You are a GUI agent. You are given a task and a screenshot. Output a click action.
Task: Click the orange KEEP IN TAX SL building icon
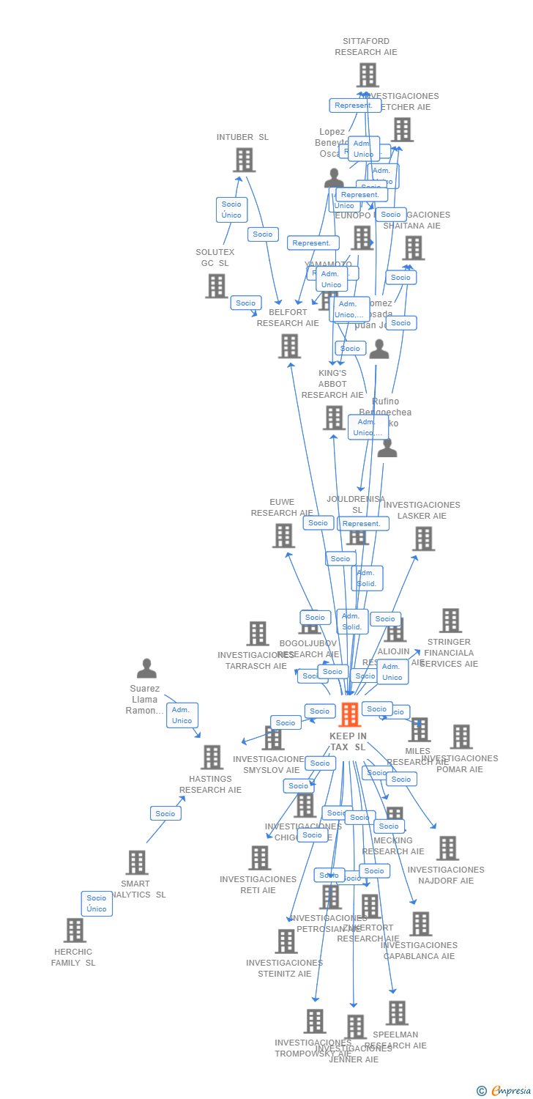click(x=350, y=714)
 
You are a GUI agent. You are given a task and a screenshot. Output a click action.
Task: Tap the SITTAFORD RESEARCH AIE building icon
click(x=368, y=75)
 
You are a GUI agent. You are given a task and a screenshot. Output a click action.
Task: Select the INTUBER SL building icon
click(x=245, y=160)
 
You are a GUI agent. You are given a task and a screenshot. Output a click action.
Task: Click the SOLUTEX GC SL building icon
click(x=217, y=286)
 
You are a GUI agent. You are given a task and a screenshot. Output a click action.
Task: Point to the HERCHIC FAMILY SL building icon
click(x=75, y=930)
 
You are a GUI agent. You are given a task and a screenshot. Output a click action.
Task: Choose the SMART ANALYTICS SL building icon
click(x=137, y=862)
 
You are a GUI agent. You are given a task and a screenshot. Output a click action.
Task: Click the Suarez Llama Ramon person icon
click(x=146, y=668)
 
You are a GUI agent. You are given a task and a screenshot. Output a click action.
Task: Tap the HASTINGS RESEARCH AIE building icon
click(x=212, y=757)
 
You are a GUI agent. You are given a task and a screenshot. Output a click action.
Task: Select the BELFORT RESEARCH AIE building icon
click(x=290, y=346)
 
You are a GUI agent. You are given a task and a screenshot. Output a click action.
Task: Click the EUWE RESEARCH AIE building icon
click(x=283, y=536)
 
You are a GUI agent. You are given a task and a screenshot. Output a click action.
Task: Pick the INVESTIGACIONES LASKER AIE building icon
click(x=423, y=539)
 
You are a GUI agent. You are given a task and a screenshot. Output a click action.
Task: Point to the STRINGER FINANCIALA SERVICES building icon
click(x=450, y=621)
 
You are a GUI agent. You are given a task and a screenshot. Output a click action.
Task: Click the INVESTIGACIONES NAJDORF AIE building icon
click(x=447, y=848)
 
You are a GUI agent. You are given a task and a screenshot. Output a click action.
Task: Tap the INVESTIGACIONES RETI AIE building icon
click(x=260, y=857)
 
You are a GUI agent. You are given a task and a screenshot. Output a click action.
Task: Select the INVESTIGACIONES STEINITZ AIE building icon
click(x=286, y=941)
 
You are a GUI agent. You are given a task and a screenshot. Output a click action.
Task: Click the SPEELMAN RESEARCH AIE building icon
click(x=397, y=1013)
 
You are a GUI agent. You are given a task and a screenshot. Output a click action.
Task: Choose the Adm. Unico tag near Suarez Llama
click(x=182, y=715)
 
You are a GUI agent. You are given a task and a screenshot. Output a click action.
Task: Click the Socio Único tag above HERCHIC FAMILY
click(x=97, y=903)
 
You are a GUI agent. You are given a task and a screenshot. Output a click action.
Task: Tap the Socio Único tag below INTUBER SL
click(x=231, y=210)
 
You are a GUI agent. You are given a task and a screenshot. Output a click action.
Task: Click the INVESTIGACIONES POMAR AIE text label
click(x=460, y=764)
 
